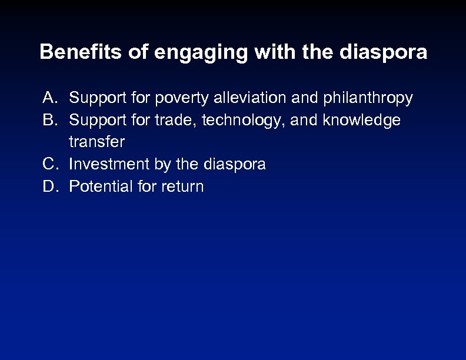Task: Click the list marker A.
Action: (x=50, y=98)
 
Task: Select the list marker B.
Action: (x=50, y=120)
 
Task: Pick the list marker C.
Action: (x=50, y=164)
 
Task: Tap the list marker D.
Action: (x=50, y=186)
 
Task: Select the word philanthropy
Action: (x=368, y=98)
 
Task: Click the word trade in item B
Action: (x=176, y=120)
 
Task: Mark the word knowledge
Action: (x=361, y=121)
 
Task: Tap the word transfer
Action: (x=96, y=142)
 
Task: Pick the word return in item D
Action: (x=184, y=187)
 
